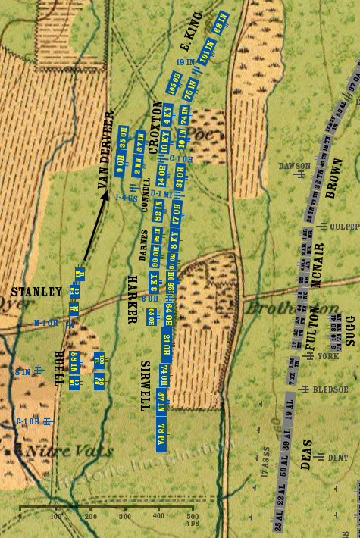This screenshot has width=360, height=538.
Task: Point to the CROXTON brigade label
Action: pyautogui.click(x=157, y=128)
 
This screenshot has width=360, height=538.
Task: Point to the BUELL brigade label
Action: pyautogui.click(x=58, y=368)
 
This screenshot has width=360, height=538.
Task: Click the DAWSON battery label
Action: pyautogui.click(x=294, y=165)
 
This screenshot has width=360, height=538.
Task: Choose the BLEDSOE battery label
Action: pyautogui.click(x=331, y=389)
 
